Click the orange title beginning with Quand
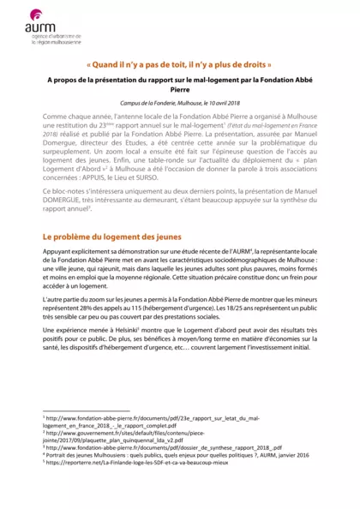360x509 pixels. pos(179,64)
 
